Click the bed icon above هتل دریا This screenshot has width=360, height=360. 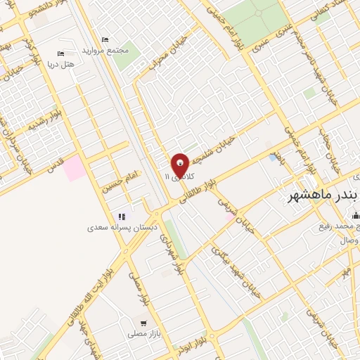(x=60, y=53)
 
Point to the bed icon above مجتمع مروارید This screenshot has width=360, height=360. (x=105, y=39)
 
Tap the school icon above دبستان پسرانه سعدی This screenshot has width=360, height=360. (x=122, y=217)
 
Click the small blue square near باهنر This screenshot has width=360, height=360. (x=273, y=157)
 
